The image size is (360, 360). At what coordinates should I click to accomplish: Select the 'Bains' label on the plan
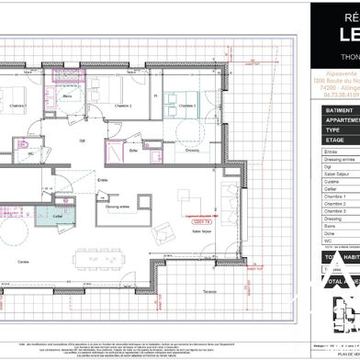point(93,96)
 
